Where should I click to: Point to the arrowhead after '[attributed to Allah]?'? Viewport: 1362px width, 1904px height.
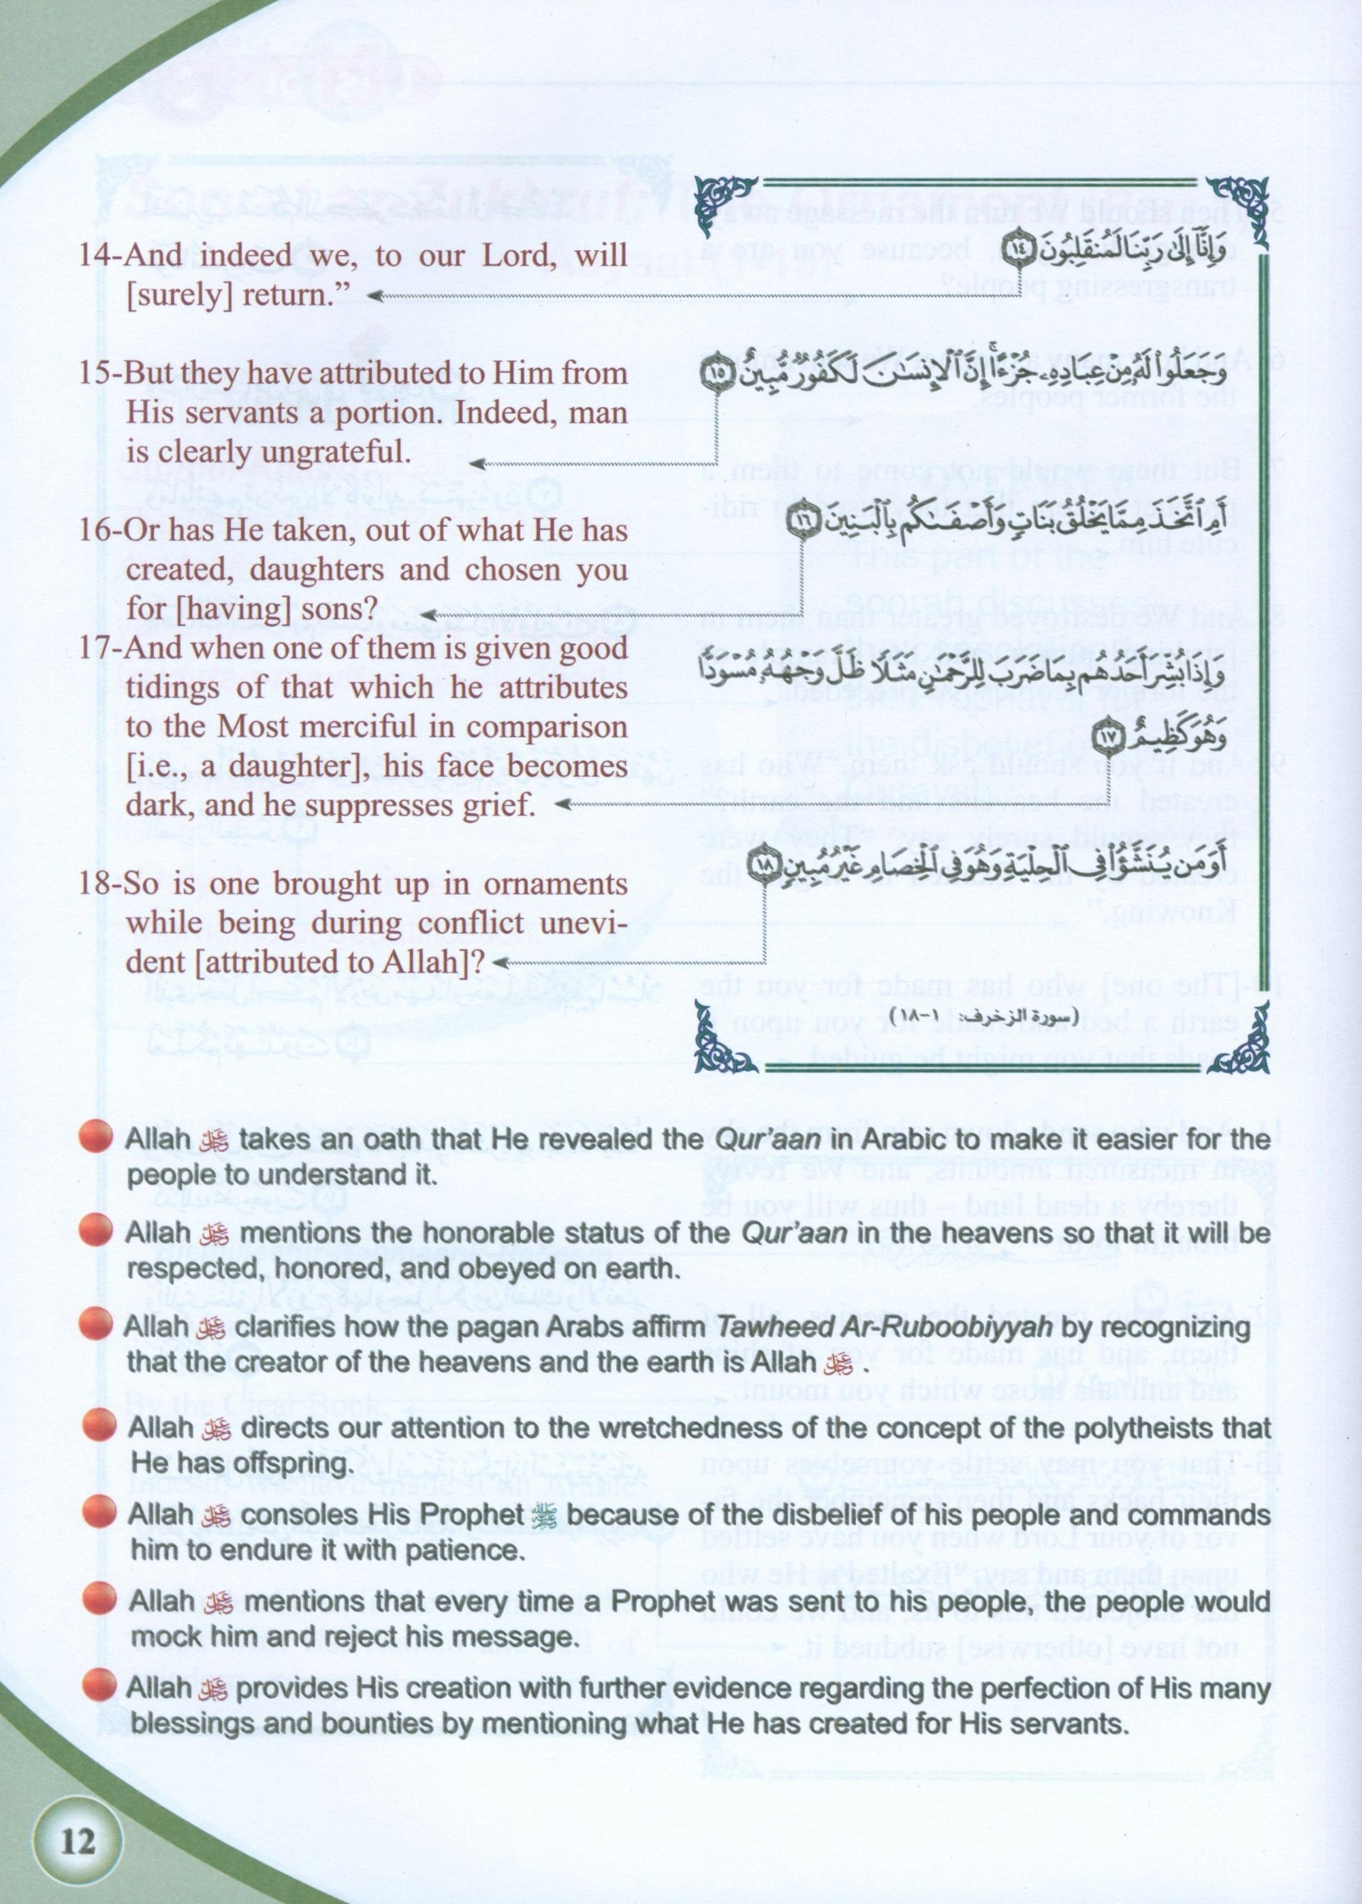507,964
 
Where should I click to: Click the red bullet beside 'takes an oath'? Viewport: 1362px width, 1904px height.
95,1139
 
